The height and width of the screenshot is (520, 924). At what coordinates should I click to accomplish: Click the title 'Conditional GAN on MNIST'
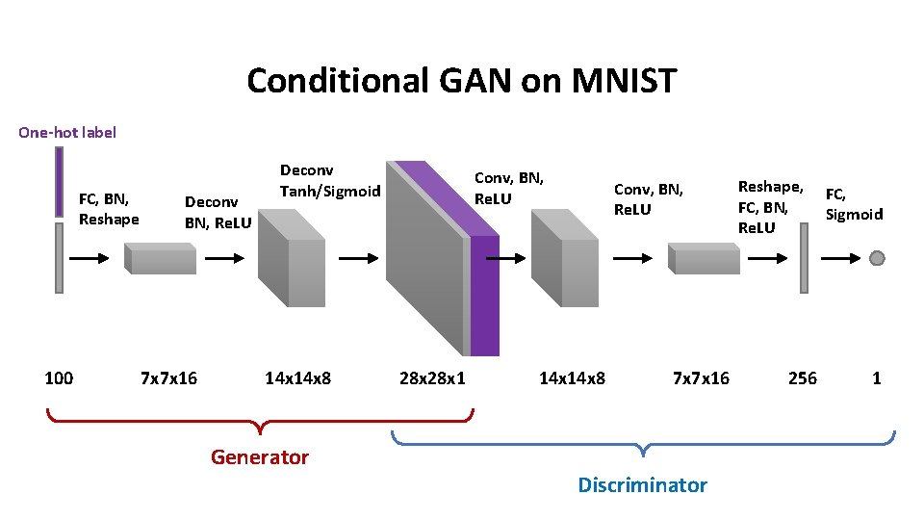click(462, 81)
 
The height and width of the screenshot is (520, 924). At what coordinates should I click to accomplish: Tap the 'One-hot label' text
click(67, 132)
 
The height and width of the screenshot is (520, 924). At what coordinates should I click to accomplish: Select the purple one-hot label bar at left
click(59, 182)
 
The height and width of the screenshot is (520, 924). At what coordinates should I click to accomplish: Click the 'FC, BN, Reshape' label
click(109, 209)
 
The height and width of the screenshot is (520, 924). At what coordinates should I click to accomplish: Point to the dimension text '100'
click(59, 378)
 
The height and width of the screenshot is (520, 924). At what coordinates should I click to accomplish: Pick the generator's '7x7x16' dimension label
click(168, 378)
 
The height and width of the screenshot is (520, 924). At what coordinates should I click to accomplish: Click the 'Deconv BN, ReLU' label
click(218, 212)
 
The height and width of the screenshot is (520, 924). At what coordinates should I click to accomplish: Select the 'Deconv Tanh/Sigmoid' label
click(330, 181)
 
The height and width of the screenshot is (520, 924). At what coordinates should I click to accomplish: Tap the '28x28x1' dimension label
click(432, 378)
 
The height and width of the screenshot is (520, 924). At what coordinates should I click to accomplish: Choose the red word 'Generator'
click(260, 457)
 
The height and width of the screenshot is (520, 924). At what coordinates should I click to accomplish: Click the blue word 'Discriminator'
click(642, 485)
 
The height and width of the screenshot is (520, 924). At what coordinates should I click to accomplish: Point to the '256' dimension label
click(803, 378)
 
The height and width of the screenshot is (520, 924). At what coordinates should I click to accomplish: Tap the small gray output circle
click(877, 257)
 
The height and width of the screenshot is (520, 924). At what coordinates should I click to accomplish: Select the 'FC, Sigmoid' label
click(854, 204)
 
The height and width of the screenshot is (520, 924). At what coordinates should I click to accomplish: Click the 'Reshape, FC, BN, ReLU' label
click(770, 207)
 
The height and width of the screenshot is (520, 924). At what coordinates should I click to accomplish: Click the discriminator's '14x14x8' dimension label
click(572, 378)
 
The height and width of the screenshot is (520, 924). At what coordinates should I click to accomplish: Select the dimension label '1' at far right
click(877, 378)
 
